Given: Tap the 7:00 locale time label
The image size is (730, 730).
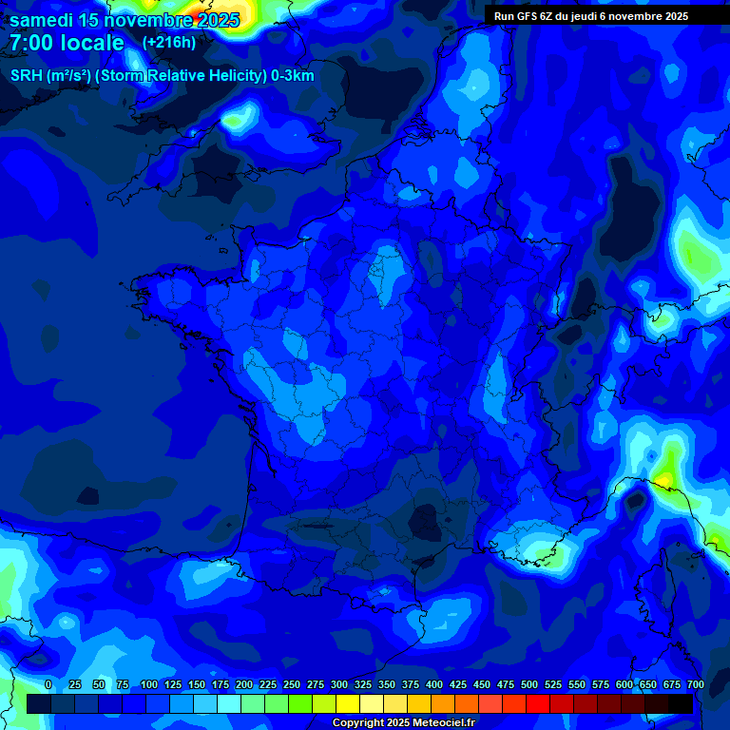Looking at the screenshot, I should pyautogui.click(x=67, y=43).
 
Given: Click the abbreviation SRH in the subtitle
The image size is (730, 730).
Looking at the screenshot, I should pyautogui.click(x=28, y=76).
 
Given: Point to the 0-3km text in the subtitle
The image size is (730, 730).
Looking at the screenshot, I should pyautogui.click(x=293, y=76).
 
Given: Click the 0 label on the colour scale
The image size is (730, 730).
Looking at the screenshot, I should pyautogui.click(x=48, y=685).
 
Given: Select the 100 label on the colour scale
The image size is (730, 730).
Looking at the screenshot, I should pyautogui.click(x=149, y=685).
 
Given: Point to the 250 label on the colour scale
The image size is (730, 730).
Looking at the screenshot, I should pyautogui.click(x=292, y=685).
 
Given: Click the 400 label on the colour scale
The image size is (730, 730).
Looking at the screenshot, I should pyautogui.click(x=434, y=685).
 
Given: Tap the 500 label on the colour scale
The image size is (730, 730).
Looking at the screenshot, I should pyautogui.click(x=529, y=685).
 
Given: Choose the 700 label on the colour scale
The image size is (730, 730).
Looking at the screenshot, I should pyautogui.click(x=695, y=685).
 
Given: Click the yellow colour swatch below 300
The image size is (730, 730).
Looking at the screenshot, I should pyautogui.click(x=348, y=703).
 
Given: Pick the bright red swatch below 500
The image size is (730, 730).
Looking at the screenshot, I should pyautogui.click(x=538, y=703).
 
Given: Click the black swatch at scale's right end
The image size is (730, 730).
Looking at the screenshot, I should pyautogui.click(x=681, y=703).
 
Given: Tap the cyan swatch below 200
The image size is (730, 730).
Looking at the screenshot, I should pyautogui.click(x=229, y=703).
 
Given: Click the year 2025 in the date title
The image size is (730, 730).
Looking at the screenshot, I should pyautogui.click(x=218, y=20).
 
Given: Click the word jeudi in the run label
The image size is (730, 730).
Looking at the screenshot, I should pyautogui.click(x=597, y=16).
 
